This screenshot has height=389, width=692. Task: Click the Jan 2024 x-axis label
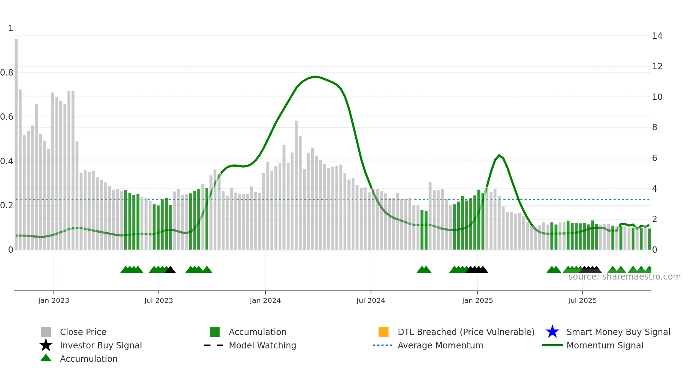click(x=265, y=300)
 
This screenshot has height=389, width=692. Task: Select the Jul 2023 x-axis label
click(x=159, y=300)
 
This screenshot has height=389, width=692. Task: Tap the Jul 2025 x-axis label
click(x=582, y=300)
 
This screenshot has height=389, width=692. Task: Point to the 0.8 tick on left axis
click(x=7, y=73)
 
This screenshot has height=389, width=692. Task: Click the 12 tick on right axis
click(x=657, y=66)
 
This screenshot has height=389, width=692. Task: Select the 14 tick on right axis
click(x=657, y=36)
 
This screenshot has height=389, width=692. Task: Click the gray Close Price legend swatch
click(x=46, y=332)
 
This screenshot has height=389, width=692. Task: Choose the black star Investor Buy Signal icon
click(x=46, y=345)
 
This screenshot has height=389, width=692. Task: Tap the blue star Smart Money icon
click(x=552, y=332)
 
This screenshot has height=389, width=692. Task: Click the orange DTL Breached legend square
click(x=383, y=332)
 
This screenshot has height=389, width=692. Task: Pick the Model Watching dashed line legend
click(x=214, y=345)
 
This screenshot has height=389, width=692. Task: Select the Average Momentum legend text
click(x=440, y=345)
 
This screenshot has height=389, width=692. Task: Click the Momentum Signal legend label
click(x=605, y=345)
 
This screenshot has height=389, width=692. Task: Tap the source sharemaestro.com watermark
click(x=624, y=277)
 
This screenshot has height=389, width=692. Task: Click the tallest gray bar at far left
click(x=16, y=141)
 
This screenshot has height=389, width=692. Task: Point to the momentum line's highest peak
click(x=316, y=77)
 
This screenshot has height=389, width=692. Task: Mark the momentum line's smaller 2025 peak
click(x=499, y=155)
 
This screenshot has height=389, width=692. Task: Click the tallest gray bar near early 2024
click(x=296, y=184)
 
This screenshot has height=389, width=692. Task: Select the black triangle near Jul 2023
click(x=171, y=270)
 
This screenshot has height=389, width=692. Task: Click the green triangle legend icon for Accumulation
click(x=46, y=358)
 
